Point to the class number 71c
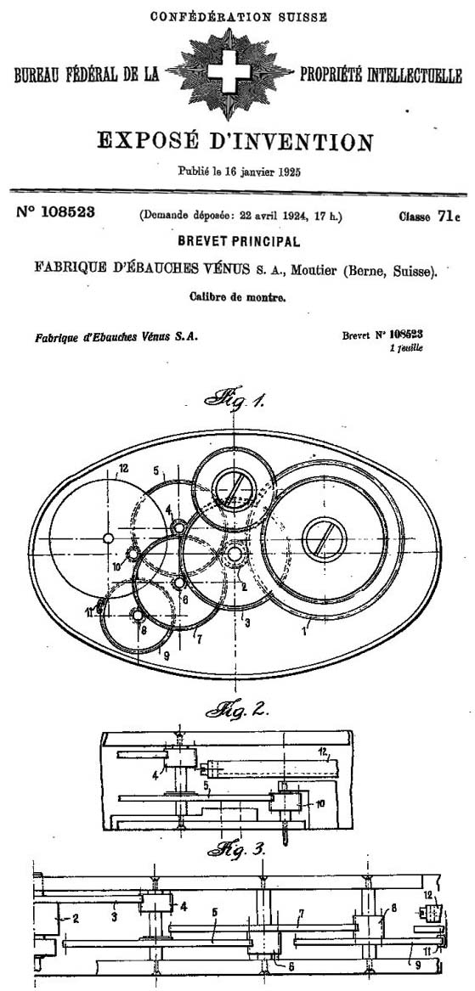tap(449, 217)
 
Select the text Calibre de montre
tap(237, 297)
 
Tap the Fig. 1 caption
tap(235, 399)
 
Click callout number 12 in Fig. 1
tap(122, 469)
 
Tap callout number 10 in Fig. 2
tap(320, 803)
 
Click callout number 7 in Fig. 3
tap(302, 914)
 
